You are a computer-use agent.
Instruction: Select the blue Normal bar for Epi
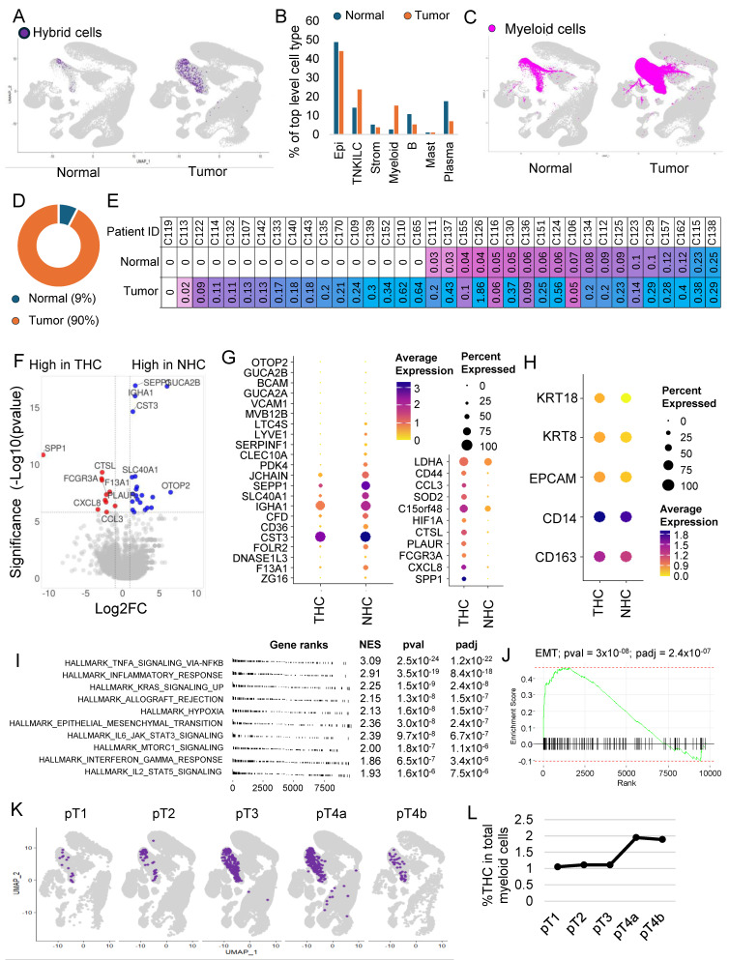[x=335, y=88]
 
